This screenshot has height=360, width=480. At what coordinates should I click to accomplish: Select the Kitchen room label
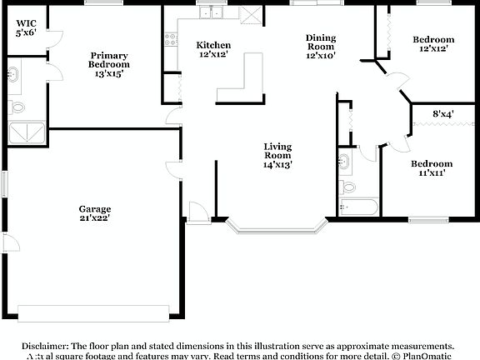[213, 49]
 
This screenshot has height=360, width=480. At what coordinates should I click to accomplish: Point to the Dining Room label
[321, 47]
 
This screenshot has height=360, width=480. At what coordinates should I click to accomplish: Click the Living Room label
[277, 156]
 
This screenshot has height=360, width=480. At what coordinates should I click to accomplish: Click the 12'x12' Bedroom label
[434, 45]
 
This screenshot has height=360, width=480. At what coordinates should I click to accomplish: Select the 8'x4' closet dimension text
[442, 113]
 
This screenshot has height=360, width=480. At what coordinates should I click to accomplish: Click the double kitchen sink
[215, 13]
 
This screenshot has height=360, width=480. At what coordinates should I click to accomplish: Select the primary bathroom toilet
[16, 107]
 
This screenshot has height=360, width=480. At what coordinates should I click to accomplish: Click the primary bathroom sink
[14, 74]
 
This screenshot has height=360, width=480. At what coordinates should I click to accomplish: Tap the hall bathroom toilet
[347, 186]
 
